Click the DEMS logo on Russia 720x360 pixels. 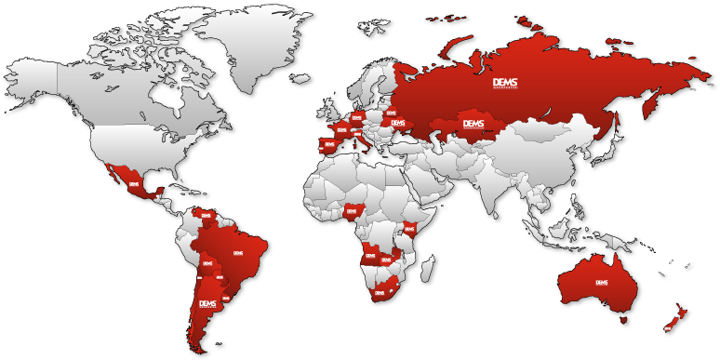505,83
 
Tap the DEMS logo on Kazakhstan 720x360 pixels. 473,124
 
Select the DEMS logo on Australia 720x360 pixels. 601,283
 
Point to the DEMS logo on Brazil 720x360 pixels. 237,252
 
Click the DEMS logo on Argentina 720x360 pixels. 207,304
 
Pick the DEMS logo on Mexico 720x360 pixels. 134,184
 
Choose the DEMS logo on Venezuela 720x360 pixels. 207,216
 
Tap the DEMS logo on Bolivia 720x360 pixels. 207,263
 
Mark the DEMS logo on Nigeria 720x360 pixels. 351,210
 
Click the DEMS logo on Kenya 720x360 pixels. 409,228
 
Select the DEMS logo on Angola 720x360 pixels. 370,256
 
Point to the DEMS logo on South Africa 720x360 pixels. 379,293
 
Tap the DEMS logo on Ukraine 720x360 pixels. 398,123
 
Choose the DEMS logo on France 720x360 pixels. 342,130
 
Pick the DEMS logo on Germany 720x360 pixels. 356,118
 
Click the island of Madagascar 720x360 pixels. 427,269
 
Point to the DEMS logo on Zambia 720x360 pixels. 386,260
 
